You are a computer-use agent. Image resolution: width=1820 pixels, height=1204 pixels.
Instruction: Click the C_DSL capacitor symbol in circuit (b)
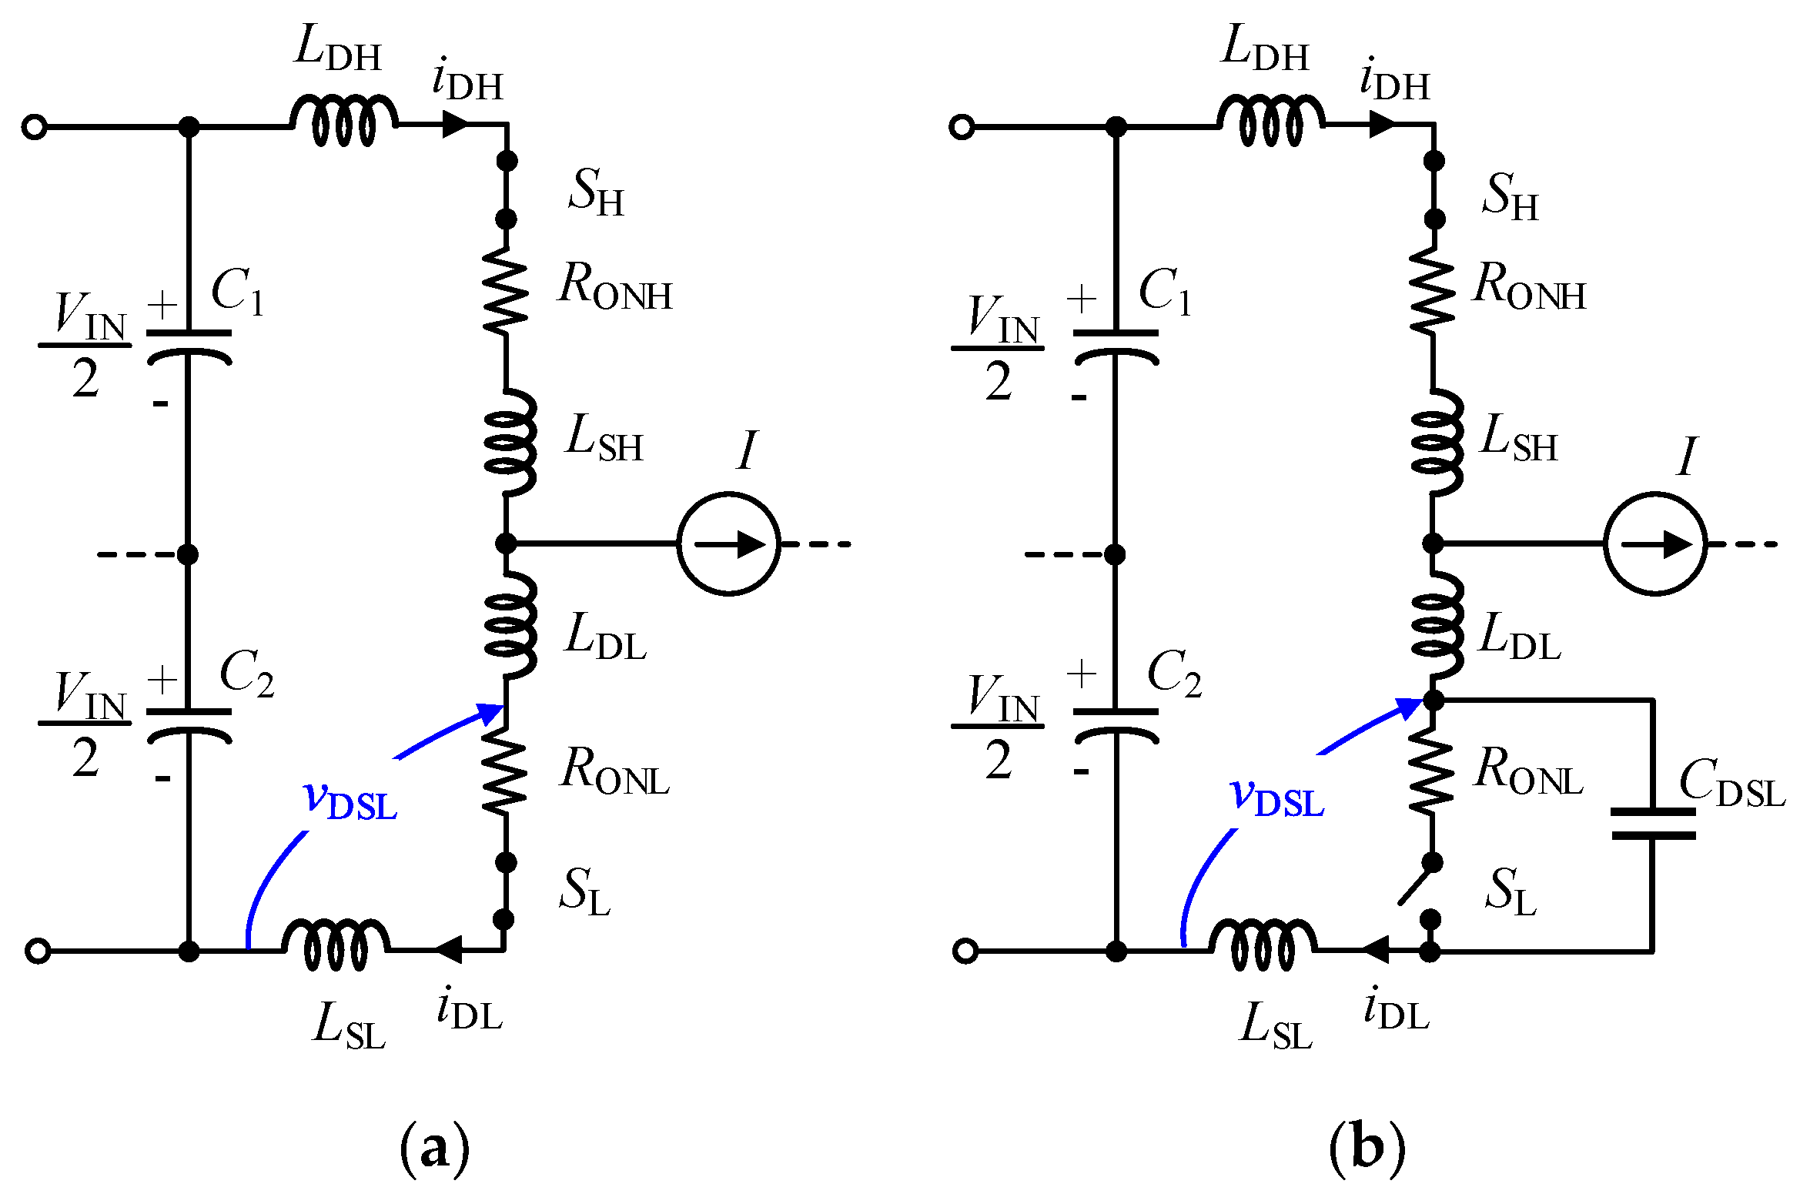click(1653, 824)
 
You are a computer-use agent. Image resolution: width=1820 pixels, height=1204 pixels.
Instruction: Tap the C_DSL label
click(1731, 784)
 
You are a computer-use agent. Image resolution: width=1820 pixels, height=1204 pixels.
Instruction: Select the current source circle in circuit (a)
click(728, 543)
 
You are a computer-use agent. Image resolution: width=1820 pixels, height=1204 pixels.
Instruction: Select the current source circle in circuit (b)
click(1655, 543)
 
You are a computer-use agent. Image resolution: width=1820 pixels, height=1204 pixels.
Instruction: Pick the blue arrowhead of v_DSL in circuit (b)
click(1410, 707)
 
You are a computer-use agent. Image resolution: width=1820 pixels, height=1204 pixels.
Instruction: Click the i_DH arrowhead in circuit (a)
click(456, 123)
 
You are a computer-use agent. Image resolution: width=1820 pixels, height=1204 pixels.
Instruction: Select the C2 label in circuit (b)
click(1173, 674)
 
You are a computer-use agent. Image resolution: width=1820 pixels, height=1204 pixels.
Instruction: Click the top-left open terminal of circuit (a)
click(35, 126)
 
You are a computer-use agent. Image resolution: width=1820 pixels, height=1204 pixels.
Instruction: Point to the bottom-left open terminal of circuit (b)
click(965, 951)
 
